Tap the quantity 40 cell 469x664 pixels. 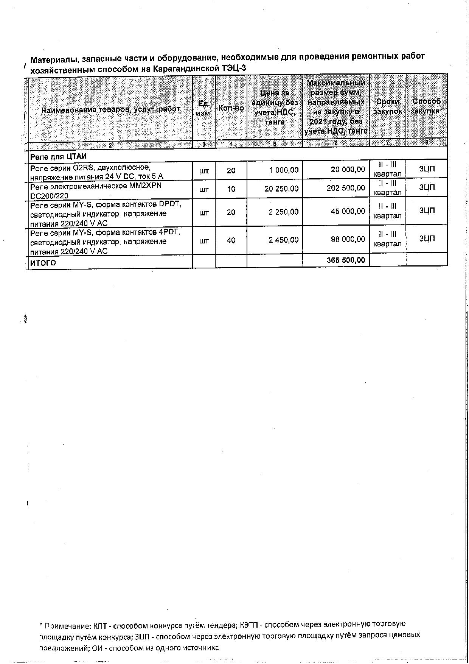point(231,240)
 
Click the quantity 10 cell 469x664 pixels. point(231,189)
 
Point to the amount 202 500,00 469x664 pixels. point(346,188)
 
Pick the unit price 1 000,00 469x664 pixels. point(284,170)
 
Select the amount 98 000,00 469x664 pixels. point(348,239)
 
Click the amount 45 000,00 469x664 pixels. point(348,211)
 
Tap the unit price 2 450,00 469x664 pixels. point(283,240)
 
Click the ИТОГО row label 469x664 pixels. point(43,263)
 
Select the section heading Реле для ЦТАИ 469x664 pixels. point(58,156)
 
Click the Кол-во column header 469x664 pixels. point(231,108)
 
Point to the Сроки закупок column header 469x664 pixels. point(387,106)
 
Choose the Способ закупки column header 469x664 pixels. point(427,106)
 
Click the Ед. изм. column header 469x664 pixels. point(204,108)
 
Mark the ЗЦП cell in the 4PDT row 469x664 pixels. point(427,238)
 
